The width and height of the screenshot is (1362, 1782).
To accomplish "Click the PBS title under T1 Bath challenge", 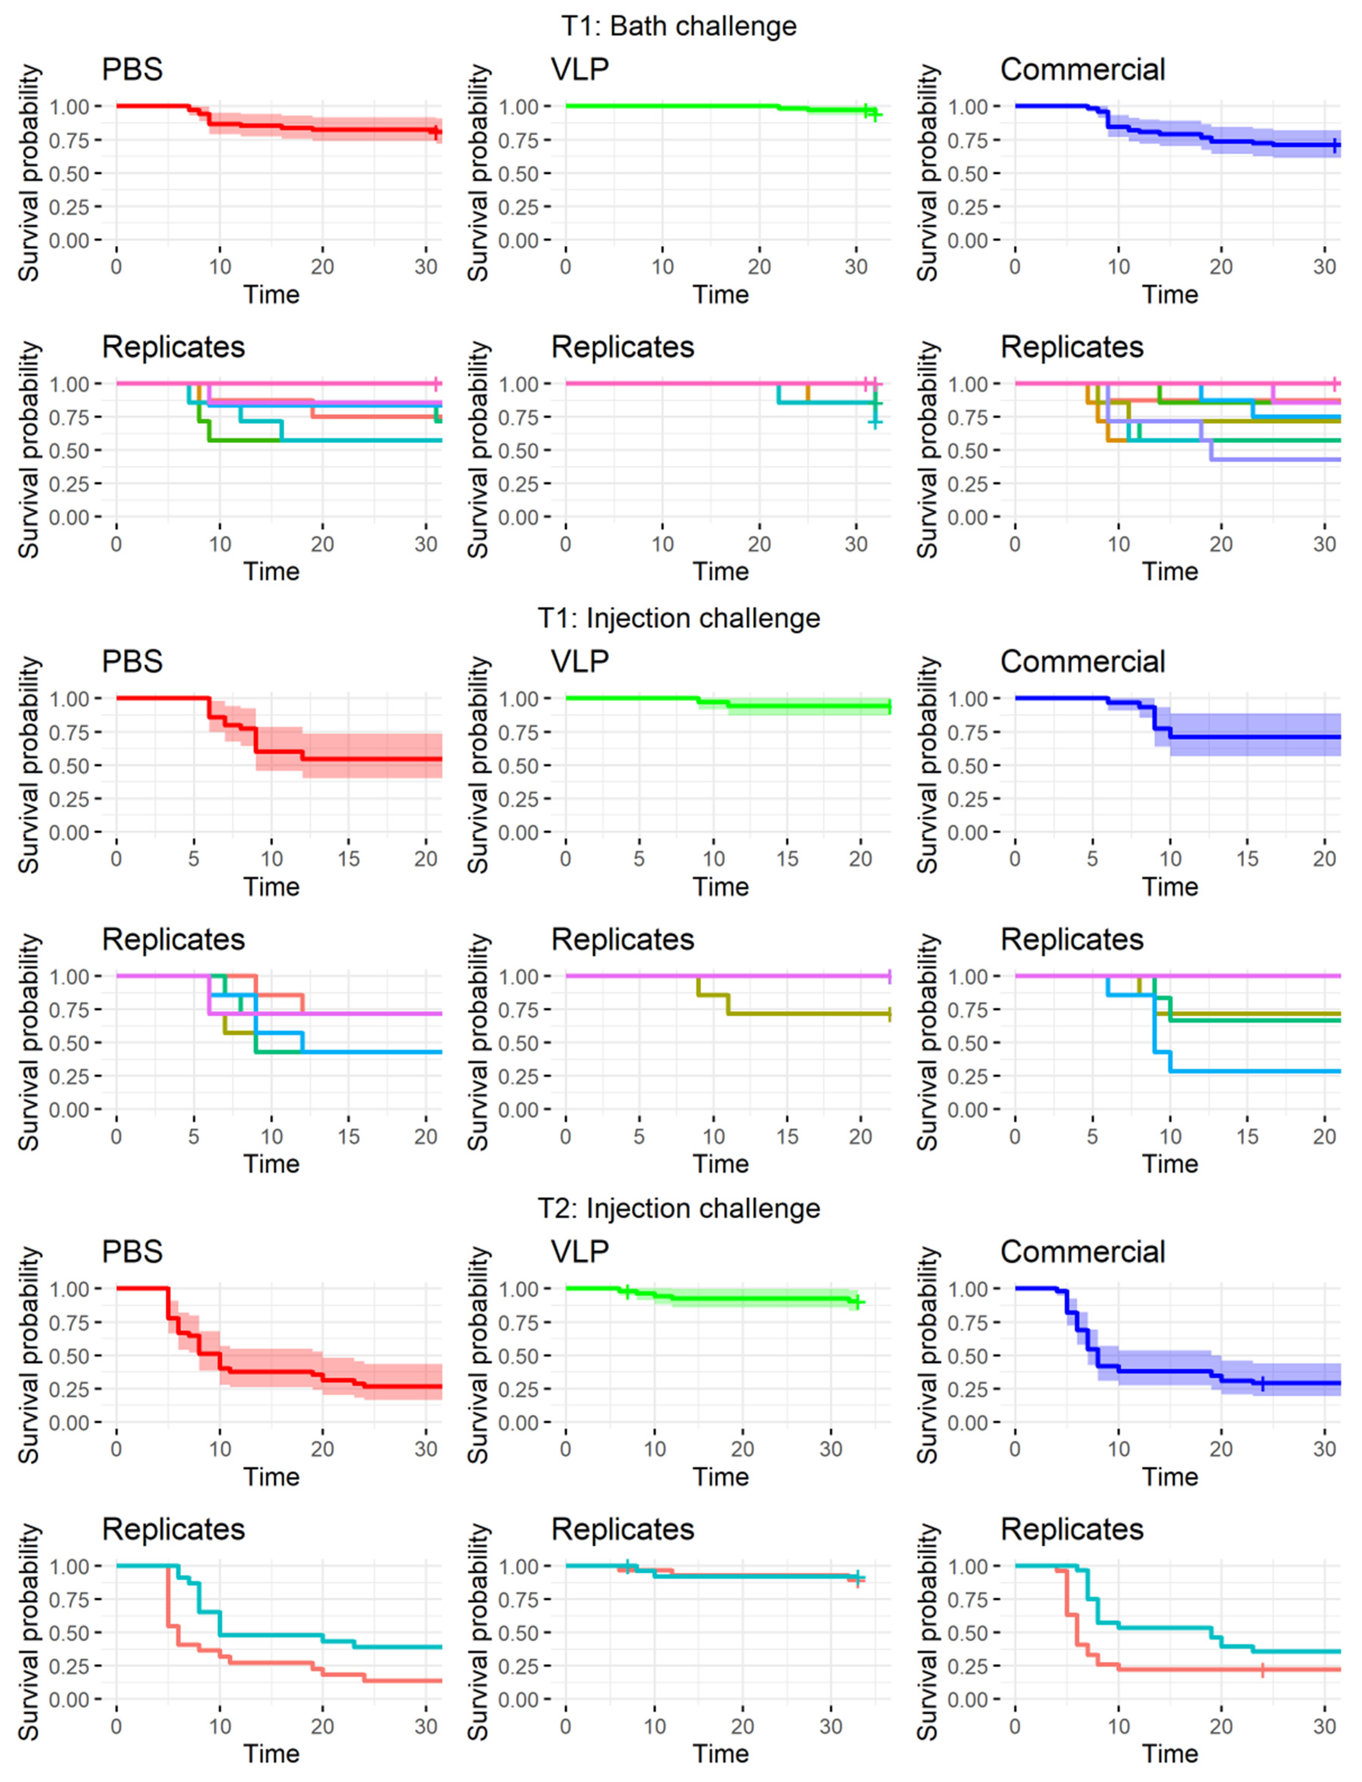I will point(132,70).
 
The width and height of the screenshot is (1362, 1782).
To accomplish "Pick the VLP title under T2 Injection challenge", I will point(580,1252).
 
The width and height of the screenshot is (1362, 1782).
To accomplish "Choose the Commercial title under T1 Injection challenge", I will point(1082,662).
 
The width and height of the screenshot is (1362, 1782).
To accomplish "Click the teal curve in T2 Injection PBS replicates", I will point(267,1634).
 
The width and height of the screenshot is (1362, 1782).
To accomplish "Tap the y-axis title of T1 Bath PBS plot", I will point(29,173).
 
